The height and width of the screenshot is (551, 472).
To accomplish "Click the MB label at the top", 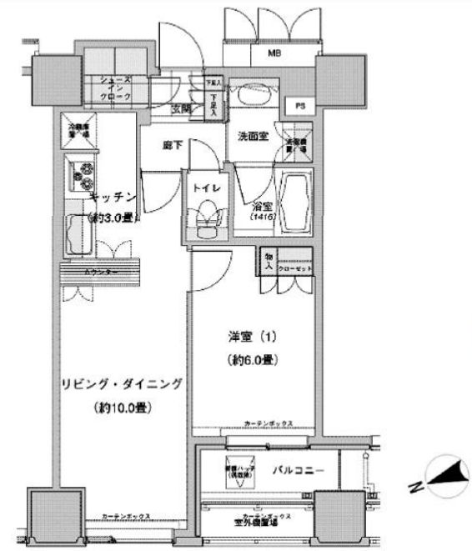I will [273, 54].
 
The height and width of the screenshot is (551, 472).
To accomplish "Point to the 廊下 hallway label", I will [173, 146].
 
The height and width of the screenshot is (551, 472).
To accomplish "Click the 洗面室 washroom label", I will [253, 137].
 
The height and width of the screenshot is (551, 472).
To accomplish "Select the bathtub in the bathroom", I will [295, 204].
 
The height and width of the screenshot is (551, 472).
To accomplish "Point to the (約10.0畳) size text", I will [120, 409].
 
